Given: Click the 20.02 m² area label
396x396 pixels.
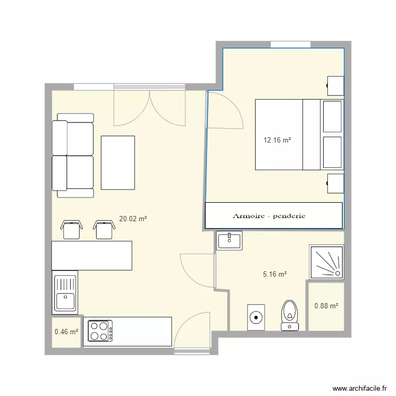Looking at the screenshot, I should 133,219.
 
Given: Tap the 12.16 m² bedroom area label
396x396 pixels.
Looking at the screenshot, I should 277,140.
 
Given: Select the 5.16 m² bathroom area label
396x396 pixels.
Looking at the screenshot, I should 275,275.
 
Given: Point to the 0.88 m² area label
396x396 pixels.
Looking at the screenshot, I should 326,306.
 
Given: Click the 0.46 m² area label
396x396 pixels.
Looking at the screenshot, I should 66,332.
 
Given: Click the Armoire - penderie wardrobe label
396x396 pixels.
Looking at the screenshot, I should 269,216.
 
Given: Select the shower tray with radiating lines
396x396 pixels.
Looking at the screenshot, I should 326,262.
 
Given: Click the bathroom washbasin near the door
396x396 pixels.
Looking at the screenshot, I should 229,240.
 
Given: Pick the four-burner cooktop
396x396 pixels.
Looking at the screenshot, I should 100,331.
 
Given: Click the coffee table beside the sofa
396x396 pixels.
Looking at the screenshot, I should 118,163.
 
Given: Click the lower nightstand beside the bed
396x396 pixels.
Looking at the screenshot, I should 335,183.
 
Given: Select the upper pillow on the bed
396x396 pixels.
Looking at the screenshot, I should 332,117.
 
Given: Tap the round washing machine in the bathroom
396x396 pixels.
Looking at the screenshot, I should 256,317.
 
